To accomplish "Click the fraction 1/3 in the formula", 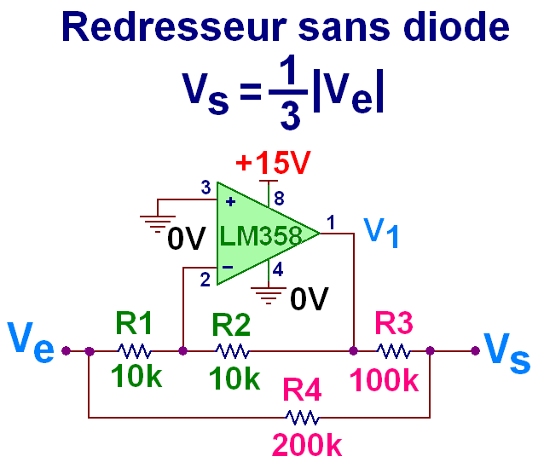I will (x=290, y=95).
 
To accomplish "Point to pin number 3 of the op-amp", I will (x=204, y=188).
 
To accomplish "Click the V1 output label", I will (x=381, y=232).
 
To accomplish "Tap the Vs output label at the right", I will (x=506, y=349).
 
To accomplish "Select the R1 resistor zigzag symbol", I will (x=135, y=350).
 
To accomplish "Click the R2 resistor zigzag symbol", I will (x=232, y=350).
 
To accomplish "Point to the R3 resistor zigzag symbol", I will (x=393, y=350).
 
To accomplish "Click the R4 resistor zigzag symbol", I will (x=303, y=418).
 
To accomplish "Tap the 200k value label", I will (x=308, y=446).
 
